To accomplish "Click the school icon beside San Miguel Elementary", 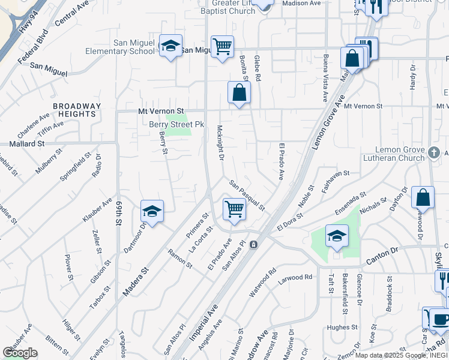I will (170, 46).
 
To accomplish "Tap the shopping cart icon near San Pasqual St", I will (234, 209).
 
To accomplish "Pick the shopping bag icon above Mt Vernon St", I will (239, 92).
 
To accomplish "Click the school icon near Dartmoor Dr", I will (152, 211).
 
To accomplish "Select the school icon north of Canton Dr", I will (337, 235).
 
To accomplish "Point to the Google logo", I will (20, 353).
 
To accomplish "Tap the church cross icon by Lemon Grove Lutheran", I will (435, 153).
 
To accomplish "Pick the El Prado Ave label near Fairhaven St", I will (281, 161).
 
